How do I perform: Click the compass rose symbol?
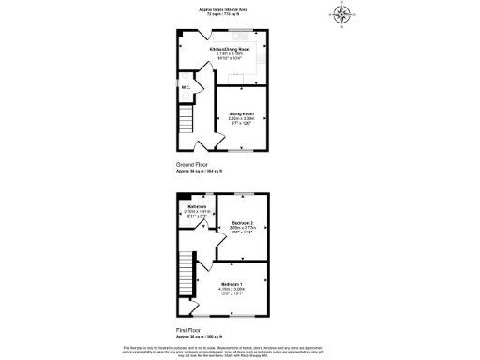(342, 14)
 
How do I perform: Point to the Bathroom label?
(197, 205)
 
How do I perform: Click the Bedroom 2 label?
(244, 222)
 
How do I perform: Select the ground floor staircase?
(187, 120)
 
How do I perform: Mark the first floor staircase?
(186, 281)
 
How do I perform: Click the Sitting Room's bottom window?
(243, 150)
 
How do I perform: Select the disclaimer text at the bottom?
(239, 350)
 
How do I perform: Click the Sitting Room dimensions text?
(242, 119)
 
